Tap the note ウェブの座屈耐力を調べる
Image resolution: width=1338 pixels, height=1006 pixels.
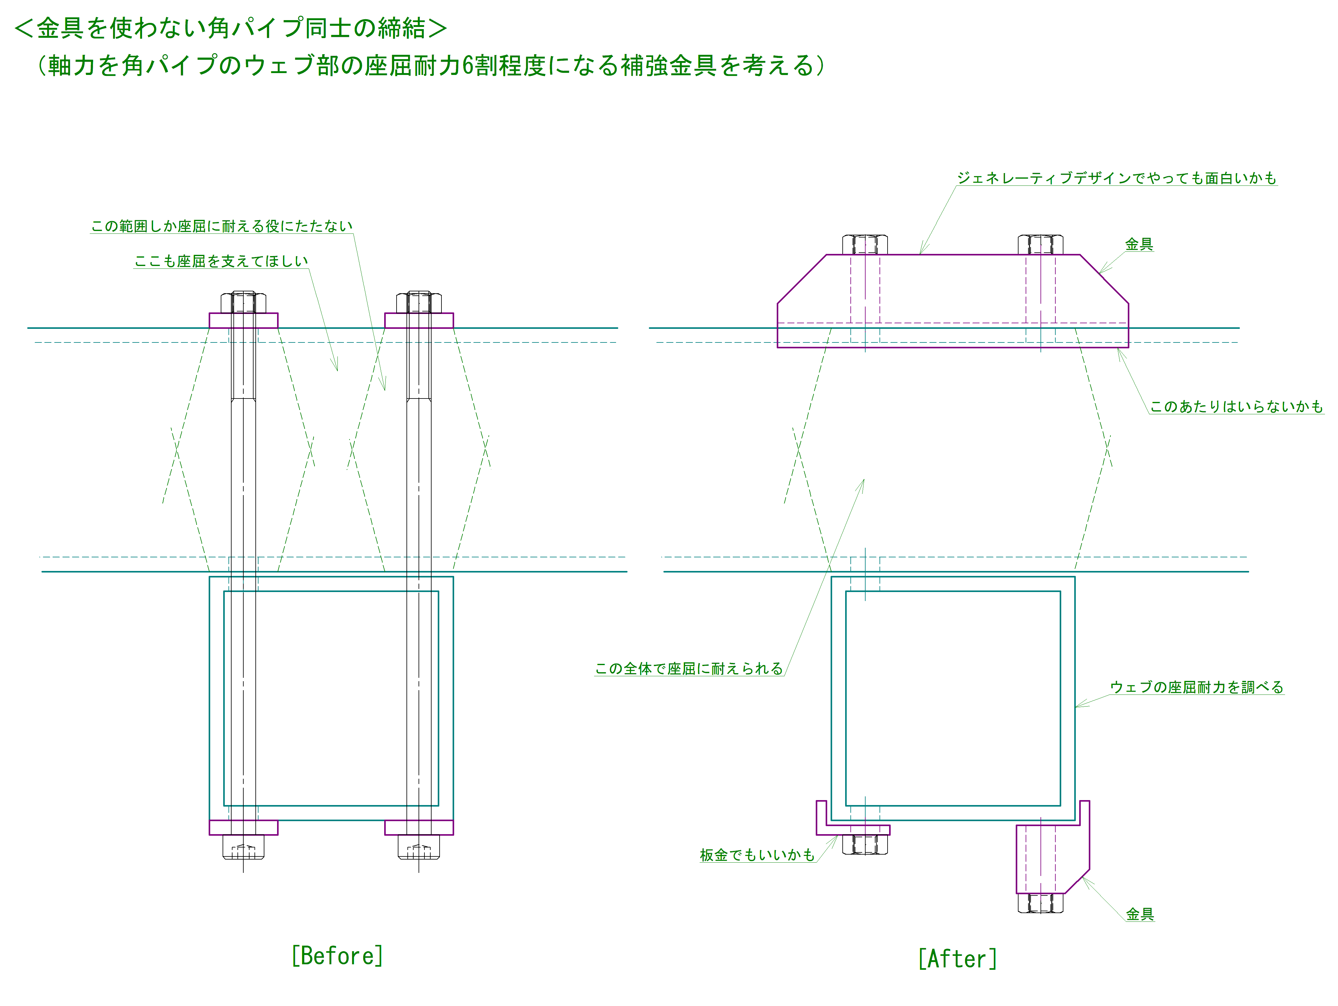(x=1197, y=687)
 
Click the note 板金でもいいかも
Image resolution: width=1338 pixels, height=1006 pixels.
(x=757, y=855)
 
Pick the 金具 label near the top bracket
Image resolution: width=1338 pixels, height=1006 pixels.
(x=1139, y=244)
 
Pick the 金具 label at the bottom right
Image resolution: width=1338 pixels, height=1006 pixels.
(x=1140, y=914)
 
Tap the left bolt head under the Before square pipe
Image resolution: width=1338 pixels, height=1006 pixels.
(x=243, y=847)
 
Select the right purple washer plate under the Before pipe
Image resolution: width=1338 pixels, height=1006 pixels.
(x=419, y=828)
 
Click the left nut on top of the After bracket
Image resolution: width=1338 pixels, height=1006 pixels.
(x=865, y=244)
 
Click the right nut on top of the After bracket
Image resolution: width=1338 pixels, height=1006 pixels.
(x=1040, y=244)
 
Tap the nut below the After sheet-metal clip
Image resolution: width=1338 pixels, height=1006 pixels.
(x=865, y=844)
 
